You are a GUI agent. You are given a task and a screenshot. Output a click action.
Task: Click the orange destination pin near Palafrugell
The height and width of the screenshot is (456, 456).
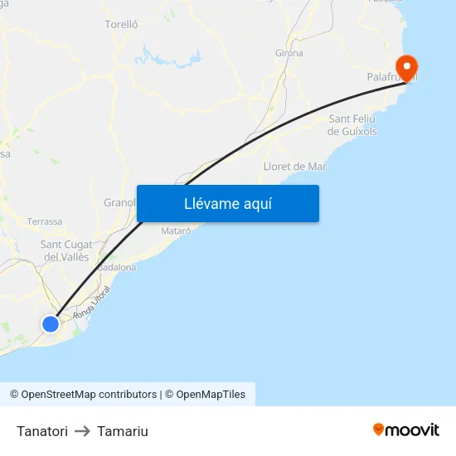pyautogui.click(x=407, y=65)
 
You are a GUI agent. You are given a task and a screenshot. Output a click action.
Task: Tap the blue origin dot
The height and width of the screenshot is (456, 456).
pyautogui.click(x=51, y=323)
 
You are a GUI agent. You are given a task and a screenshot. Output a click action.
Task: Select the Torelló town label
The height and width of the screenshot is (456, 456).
pyautogui.click(x=121, y=25)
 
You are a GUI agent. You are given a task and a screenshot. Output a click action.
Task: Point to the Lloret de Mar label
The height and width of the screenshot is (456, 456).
pyautogui.click(x=294, y=167)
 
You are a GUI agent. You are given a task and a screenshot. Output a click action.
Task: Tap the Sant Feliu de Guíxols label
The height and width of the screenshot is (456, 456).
pyautogui.click(x=352, y=125)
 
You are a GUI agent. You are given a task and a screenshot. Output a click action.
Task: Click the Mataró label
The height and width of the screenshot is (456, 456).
pyautogui.click(x=177, y=230)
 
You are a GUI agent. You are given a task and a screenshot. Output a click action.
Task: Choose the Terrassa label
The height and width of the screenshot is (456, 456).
pyautogui.click(x=45, y=221)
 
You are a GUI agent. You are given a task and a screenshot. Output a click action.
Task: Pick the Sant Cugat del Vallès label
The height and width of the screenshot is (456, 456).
pyautogui.click(x=66, y=250)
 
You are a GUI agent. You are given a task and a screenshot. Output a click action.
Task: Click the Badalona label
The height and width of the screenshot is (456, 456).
pyautogui.click(x=117, y=268)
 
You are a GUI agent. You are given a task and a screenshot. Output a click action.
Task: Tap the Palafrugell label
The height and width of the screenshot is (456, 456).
pyautogui.click(x=390, y=77)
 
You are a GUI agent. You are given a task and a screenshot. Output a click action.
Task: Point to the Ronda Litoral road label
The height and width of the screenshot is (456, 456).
pyautogui.click(x=91, y=303)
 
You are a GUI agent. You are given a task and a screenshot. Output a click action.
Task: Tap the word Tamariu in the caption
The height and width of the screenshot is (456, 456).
pyautogui.click(x=123, y=431)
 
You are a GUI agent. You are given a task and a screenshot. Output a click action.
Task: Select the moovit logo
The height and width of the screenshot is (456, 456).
pyautogui.click(x=406, y=429)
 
